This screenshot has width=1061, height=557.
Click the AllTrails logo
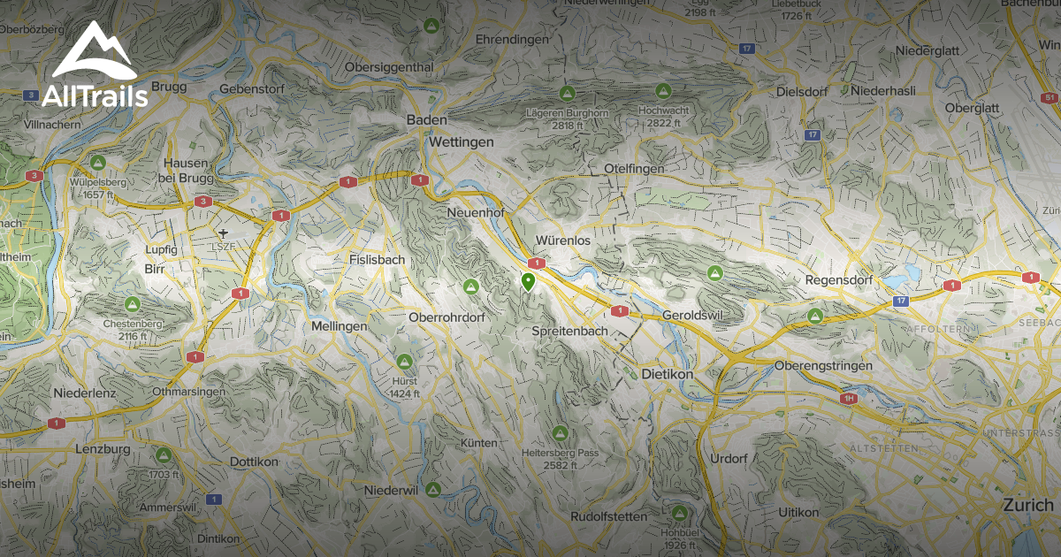[94, 66]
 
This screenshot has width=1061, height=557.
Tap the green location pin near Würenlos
[528, 283]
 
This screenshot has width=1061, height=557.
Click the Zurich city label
[1027, 505]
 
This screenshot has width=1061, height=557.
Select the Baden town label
[426, 120]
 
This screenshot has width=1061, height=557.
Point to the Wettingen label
[461, 141]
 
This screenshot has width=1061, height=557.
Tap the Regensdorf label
[839, 280]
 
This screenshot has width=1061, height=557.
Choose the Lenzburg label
[103, 449]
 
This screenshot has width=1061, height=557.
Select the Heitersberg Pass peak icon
[560, 433]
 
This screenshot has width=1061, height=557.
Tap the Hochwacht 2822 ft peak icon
[663, 91]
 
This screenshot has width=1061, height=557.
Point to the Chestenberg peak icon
[133, 304]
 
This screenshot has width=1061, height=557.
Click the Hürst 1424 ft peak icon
[404, 361]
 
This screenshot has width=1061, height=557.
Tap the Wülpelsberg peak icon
[99, 163]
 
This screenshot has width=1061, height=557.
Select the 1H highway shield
[850, 399]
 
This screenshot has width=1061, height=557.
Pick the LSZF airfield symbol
[224, 233]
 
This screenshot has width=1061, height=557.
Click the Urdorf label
[729, 459]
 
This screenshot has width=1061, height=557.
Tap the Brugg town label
[169, 87]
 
